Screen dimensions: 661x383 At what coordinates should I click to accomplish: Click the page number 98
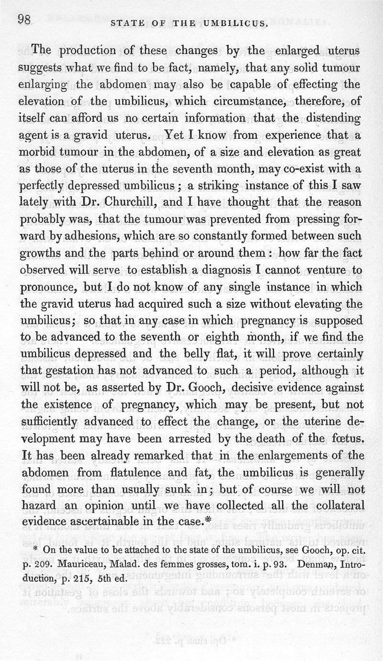(x=24, y=20)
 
